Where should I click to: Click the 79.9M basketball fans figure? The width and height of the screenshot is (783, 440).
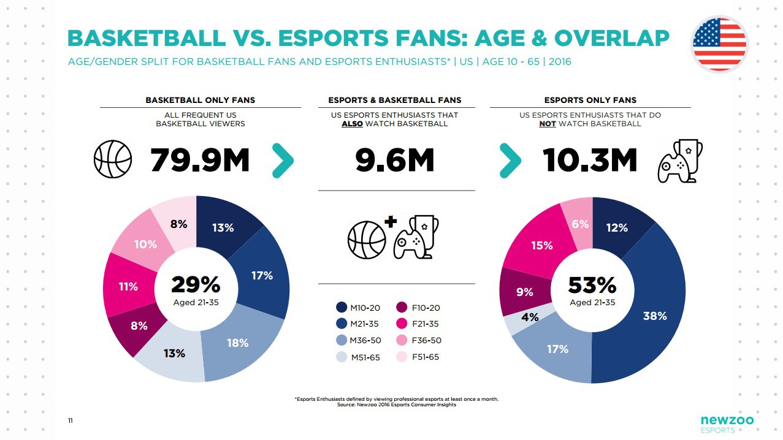[x=199, y=161]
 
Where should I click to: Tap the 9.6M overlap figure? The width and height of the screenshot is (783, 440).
[x=395, y=161]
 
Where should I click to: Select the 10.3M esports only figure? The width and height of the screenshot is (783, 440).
[x=590, y=161]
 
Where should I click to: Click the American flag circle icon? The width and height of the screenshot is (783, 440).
[x=719, y=44]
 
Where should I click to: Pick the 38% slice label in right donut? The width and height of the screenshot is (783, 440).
[x=654, y=316]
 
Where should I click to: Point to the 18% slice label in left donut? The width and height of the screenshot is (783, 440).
[x=237, y=343]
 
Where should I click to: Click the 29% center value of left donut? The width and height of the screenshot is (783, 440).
[x=196, y=285]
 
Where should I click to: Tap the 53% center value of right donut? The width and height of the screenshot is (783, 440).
[x=592, y=285]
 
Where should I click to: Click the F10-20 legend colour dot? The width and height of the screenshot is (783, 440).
[x=403, y=308]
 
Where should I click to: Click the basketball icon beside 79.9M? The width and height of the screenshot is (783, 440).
[x=113, y=159]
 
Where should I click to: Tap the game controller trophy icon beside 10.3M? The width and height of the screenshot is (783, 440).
[x=679, y=161]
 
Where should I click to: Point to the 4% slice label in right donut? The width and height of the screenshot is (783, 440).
[x=530, y=317]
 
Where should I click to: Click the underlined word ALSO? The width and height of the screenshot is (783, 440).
[x=353, y=124]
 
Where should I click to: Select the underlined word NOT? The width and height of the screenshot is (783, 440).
[x=548, y=124]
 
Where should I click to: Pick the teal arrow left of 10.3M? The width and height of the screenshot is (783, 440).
[x=511, y=161]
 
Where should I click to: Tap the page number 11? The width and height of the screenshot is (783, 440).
[x=71, y=420]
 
